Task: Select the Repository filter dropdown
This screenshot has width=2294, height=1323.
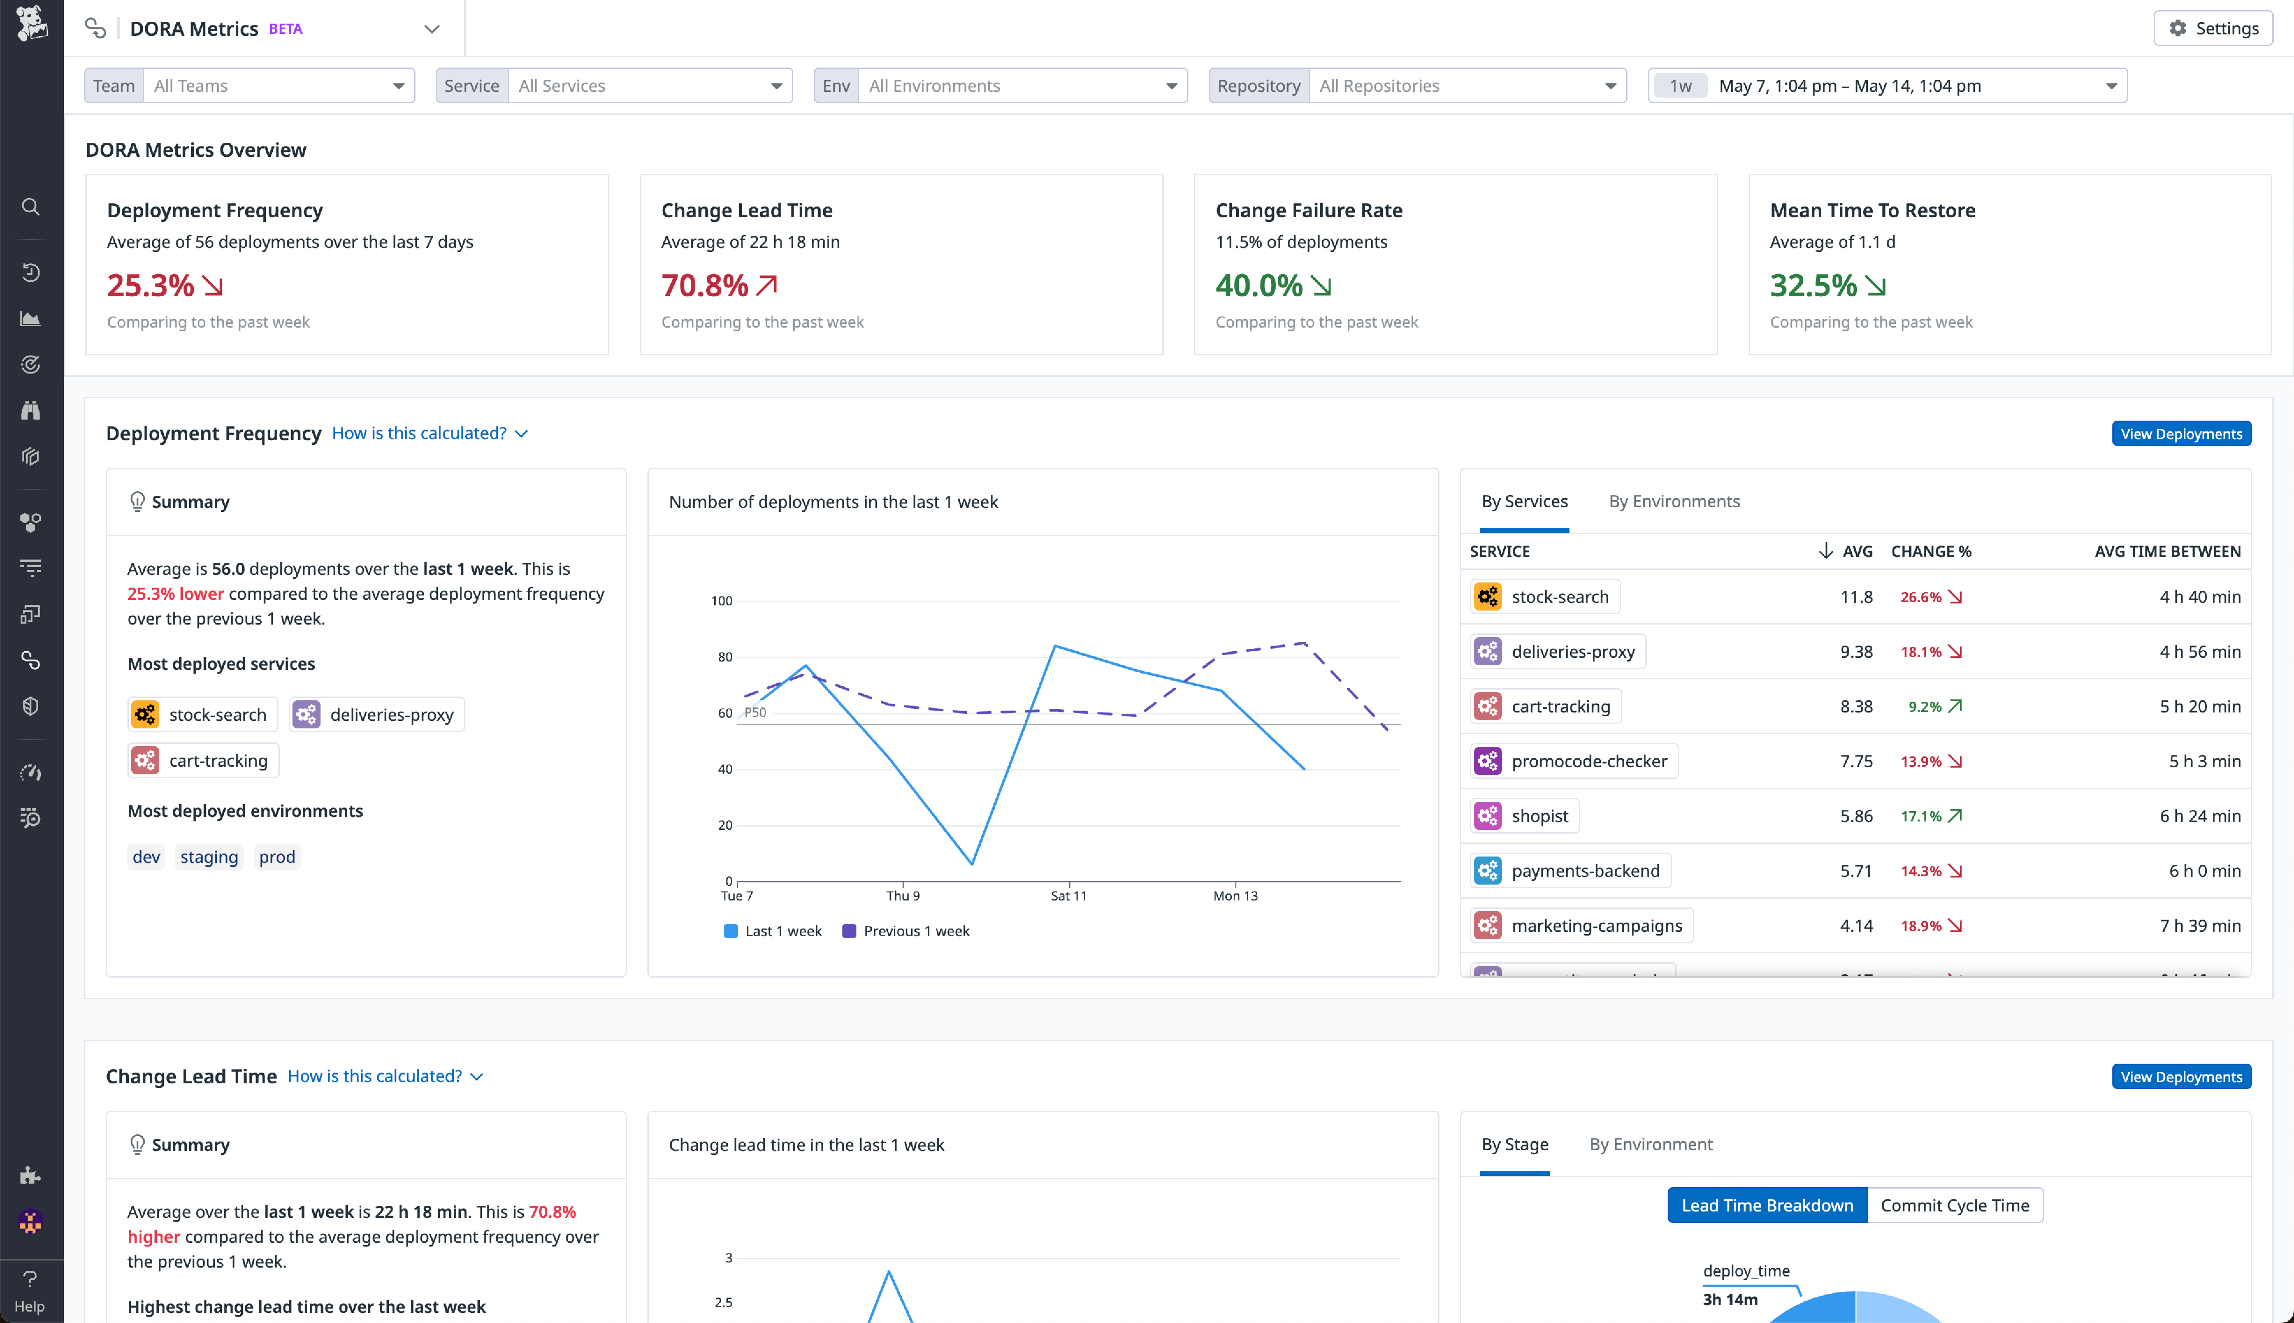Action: pos(1417,85)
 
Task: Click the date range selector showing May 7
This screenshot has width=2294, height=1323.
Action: pos(1887,85)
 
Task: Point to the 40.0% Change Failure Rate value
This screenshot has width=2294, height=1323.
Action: pos(1259,285)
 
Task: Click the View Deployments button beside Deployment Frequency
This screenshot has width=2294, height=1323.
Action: pos(2181,433)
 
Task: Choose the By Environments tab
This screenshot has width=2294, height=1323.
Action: pos(1673,502)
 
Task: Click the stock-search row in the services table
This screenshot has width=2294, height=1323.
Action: pos(1559,597)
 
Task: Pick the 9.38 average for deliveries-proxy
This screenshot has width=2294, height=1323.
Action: pos(1855,652)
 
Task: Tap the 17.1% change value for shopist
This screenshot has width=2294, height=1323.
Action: pos(1921,816)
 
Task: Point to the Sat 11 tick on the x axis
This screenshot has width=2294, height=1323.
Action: pos(1068,896)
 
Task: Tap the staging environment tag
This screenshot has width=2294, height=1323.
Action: pos(209,857)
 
